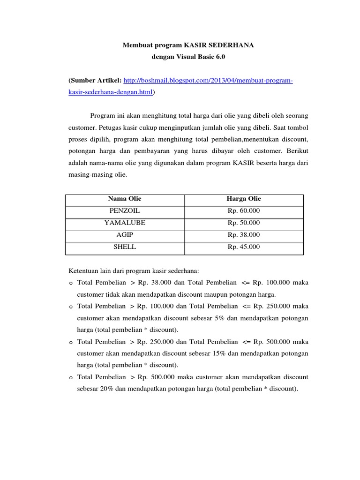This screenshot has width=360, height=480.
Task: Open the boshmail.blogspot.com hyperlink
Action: click(x=208, y=81)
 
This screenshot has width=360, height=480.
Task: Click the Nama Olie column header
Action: click(x=125, y=199)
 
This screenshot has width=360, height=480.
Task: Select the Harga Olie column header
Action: click(x=244, y=199)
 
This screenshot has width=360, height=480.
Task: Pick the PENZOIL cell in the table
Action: click(x=125, y=211)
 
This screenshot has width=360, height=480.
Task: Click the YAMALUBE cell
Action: click(x=125, y=223)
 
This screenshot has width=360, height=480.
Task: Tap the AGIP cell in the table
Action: click(x=125, y=235)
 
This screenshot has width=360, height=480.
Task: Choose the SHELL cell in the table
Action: click(x=125, y=247)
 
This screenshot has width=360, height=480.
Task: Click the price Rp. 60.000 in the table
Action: click(x=244, y=211)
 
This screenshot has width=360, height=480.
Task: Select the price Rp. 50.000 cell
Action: click(x=244, y=223)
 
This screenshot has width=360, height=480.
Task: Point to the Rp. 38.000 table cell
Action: click(x=244, y=235)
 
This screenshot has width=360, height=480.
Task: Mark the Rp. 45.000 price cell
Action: click(x=244, y=247)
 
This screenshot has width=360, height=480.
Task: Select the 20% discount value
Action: click(x=106, y=389)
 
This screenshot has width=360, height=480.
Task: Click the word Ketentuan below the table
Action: click(x=85, y=271)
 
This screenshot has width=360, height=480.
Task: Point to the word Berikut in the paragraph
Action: click(x=296, y=151)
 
